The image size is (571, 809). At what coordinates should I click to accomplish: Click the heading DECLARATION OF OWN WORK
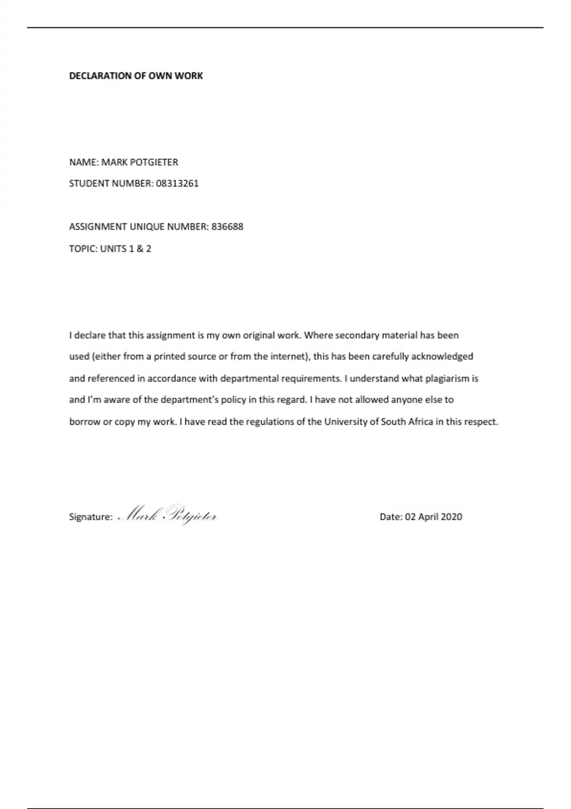(x=136, y=76)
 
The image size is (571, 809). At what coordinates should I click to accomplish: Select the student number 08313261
(x=177, y=183)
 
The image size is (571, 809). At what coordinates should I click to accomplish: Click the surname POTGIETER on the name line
(x=154, y=162)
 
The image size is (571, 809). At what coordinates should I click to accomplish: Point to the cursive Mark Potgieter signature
(x=167, y=515)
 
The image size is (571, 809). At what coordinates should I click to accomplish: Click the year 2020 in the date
(x=452, y=517)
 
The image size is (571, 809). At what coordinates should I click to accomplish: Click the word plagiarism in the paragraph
(x=447, y=379)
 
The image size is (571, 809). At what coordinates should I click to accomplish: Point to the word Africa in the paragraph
(x=420, y=422)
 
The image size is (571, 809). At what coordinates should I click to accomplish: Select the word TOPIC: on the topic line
(x=83, y=248)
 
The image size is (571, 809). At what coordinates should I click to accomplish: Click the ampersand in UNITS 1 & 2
(x=140, y=248)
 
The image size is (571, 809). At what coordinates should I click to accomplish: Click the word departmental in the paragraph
(x=249, y=379)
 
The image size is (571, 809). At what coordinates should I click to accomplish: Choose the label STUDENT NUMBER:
(x=111, y=183)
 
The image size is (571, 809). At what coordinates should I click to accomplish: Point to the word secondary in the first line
(x=357, y=335)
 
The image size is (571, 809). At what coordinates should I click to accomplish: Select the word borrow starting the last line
(x=85, y=422)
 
